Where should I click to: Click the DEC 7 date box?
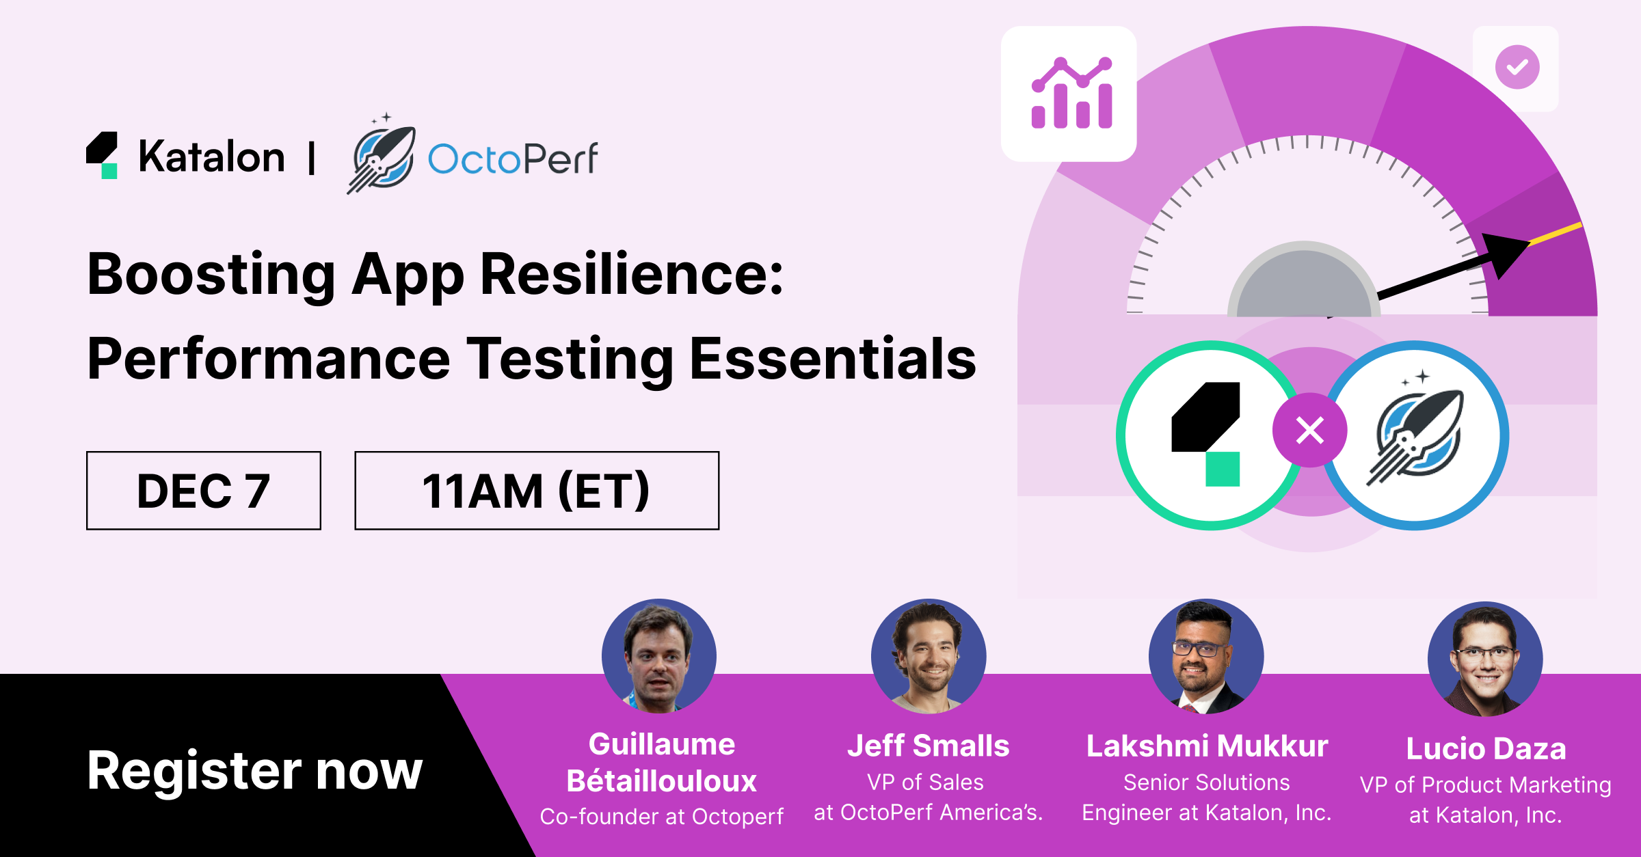[x=204, y=490]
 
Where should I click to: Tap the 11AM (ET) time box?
[x=537, y=490]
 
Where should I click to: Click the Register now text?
[x=255, y=771]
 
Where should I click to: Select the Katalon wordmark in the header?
[x=211, y=157]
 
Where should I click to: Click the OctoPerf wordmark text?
[x=513, y=159]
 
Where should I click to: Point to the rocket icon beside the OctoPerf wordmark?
[x=382, y=154]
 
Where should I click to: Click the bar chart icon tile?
[x=1069, y=94]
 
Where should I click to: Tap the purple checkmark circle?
[x=1517, y=67]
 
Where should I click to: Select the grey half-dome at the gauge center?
[x=1304, y=280]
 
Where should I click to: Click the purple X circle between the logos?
[x=1309, y=431]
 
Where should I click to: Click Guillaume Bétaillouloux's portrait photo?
[x=659, y=656]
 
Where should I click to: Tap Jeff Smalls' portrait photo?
[x=929, y=656]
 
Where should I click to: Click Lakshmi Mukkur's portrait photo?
[x=1206, y=656]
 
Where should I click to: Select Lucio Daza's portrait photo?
[x=1485, y=659]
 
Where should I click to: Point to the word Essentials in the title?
[x=833, y=359]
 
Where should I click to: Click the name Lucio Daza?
[x=1486, y=749]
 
